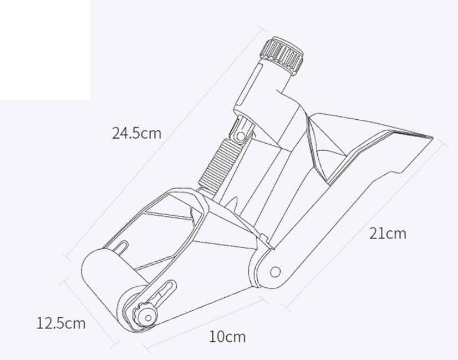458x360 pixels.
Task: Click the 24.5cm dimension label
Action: coord(136,133)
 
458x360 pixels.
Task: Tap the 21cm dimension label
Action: coord(388,233)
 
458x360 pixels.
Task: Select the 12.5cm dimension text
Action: coord(61,322)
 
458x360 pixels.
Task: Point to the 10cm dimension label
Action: coord(227,336)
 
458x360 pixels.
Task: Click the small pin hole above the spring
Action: coord(240,135)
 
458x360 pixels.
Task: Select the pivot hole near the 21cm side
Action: coord(276,272)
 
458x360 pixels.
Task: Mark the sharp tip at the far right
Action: coord(432,137)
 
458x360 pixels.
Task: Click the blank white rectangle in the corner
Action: coord(44,50)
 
